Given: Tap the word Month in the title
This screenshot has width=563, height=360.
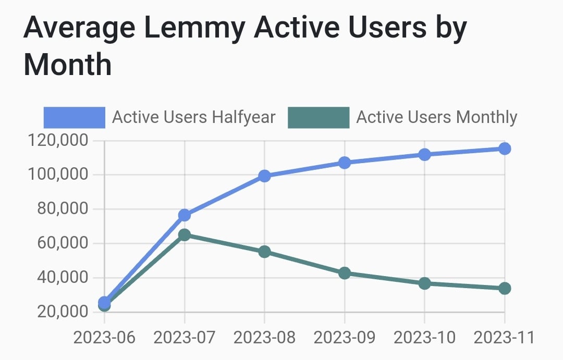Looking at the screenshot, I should [x=68, y=66].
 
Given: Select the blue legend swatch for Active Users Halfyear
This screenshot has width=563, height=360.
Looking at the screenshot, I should [x=75, y=117].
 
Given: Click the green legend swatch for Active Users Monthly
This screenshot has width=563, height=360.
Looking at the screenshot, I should [x=319, y=117].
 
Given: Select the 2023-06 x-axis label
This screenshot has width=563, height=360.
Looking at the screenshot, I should [x=104, y=338].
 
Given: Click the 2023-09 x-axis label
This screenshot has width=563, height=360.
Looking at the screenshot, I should [x=345, y=338].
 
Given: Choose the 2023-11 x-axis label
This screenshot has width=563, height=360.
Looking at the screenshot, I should [x=504, y=338].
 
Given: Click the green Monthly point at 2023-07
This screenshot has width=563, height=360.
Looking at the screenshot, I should [x=185, y=235].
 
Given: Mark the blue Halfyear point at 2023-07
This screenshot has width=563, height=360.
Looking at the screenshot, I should [x=185, y=215].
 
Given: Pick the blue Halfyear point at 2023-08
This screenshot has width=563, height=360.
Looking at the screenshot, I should [x=264, y=176].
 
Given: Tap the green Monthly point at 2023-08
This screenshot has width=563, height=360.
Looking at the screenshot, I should [x=264, y=252].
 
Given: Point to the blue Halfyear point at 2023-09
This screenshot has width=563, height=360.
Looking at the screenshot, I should [x=345, y=163].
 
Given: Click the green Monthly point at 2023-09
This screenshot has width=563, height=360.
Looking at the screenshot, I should [x=345, y=273].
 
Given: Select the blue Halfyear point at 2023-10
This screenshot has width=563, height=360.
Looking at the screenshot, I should [x=424, y=155].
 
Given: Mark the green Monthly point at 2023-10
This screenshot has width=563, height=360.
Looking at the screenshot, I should [x=424, y=283].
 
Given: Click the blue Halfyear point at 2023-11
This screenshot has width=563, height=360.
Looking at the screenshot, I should [x=504, y=149].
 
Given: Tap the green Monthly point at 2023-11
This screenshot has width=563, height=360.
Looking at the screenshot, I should [x=504, y=288].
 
